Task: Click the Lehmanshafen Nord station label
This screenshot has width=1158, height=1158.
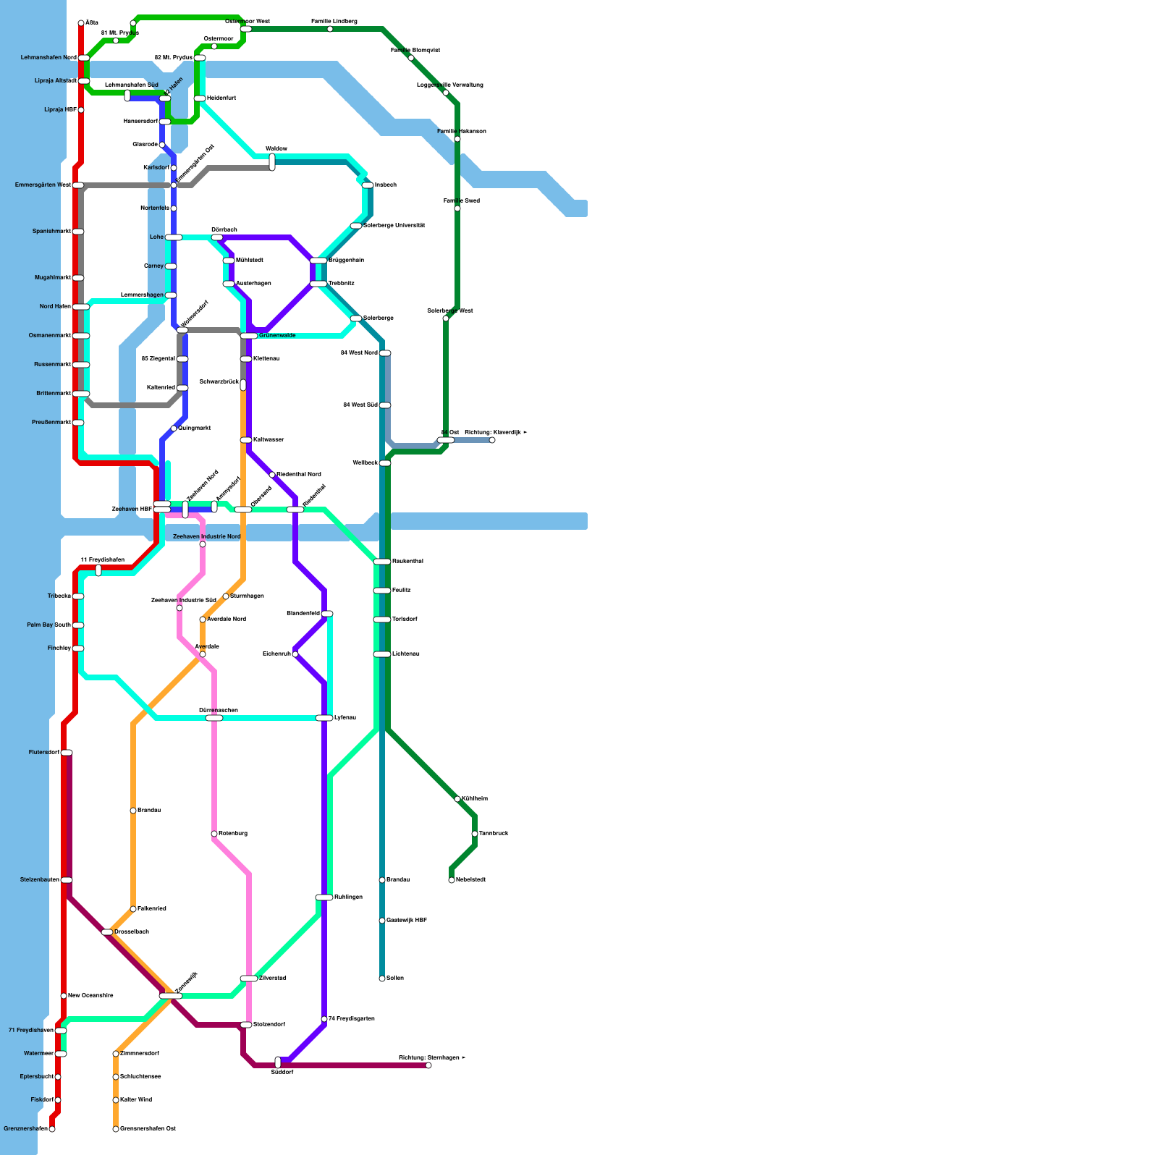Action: tap(48, 57)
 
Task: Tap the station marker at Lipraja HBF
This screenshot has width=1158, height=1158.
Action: tap(81, 110)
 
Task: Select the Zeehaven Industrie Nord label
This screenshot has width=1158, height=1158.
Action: tap(206, 536)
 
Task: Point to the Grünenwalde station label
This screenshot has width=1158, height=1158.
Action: tap(277, 335)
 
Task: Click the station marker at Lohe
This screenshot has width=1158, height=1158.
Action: tap(174, 237)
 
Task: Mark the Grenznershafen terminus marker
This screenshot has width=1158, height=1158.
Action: tap(52, 1129)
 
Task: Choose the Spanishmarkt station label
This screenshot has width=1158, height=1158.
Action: tap(51, 231)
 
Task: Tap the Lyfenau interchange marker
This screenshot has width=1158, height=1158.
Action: tap(324, 718)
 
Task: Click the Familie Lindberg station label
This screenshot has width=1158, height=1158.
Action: tap(334, 22)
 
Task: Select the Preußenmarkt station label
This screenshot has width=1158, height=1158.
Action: tap(51, 422)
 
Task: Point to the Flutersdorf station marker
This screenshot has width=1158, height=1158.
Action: tap(67, 753)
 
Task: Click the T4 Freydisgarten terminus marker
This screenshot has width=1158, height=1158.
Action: tap(324, 1019)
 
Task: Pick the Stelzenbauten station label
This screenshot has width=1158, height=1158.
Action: tap(40, 879)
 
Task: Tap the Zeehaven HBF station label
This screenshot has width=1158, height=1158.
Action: tap(132, 509)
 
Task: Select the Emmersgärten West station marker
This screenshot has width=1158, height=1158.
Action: tap(78, 185)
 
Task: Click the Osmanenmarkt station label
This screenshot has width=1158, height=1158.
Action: tap(50, 335)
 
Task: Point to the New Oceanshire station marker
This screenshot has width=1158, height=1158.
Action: tap(64, 996)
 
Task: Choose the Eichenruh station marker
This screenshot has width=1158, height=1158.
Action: tap(295, 654)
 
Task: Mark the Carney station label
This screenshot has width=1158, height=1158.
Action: tap(154, 266)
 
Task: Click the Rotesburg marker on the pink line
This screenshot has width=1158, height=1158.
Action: tap(214, 834)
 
